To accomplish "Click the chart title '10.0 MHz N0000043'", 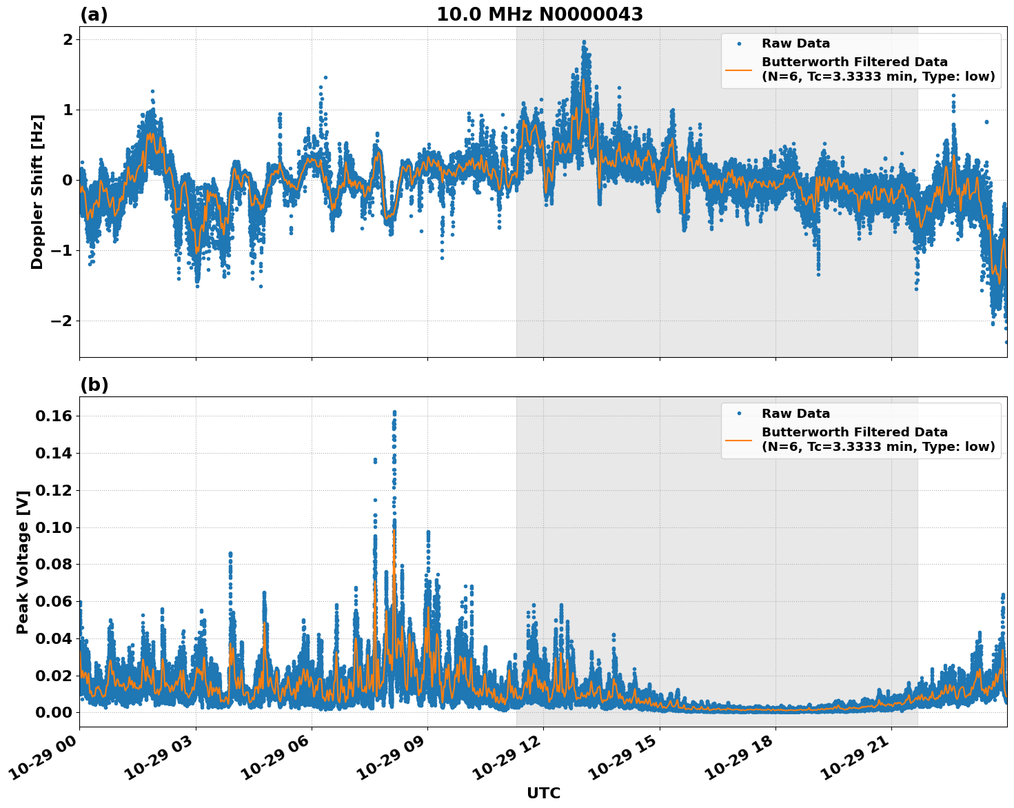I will coord(539,14).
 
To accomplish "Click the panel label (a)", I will coord(94,14).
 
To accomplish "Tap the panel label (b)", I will coord(94,385).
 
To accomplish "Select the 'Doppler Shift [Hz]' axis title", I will coord(37,192).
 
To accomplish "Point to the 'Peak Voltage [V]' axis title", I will coord(23,562).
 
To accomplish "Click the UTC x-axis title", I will coord(543,793).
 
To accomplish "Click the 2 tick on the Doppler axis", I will coord(67,39).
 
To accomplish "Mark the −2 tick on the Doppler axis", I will coord(62,321).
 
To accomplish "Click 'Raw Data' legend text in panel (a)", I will coord(795,43).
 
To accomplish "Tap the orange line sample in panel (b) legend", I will coord(738,439).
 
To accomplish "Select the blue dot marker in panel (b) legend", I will coord(738,414).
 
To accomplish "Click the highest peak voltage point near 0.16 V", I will coord(394,412).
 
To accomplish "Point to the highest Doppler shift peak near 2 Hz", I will coord(584,42).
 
